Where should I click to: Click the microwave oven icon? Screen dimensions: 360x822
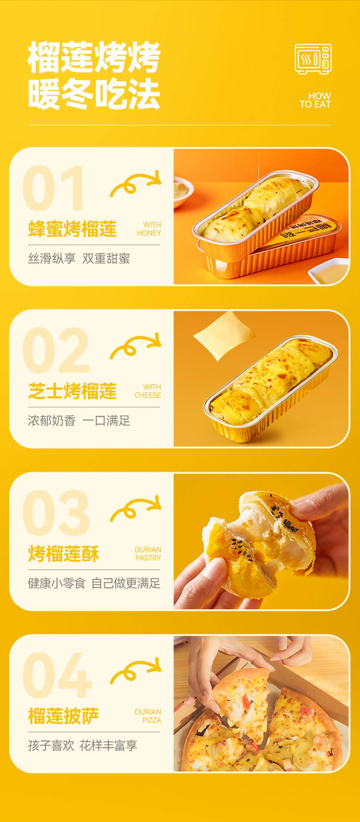313,59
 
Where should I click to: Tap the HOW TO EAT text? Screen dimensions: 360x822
315,100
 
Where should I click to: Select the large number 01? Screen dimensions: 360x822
53,188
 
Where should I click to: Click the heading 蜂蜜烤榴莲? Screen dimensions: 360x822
72,229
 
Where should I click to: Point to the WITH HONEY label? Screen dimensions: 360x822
149,229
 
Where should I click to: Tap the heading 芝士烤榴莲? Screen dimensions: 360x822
72,391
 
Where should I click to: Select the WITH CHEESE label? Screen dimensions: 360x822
148,391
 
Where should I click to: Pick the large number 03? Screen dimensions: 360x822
56,513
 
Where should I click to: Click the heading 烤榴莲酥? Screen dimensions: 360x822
64,554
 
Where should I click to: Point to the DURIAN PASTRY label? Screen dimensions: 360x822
148,554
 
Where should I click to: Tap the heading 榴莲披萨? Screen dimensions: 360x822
64,716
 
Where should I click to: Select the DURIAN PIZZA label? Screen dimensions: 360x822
148,716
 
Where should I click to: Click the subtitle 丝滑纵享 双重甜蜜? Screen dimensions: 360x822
79,258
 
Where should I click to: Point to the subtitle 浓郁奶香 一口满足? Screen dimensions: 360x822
79,421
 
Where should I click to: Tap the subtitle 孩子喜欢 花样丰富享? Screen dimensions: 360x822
82,745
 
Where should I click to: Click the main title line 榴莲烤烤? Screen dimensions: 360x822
94,57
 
